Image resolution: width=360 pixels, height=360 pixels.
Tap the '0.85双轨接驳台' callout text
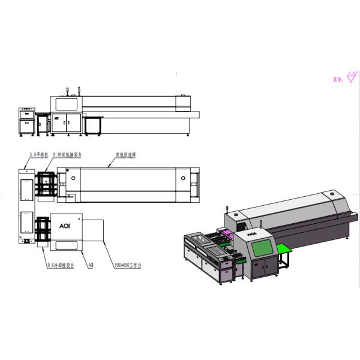[67, 154]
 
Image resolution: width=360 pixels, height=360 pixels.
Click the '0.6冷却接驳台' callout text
[60, 263]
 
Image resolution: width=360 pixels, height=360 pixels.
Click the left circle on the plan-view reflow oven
[73, 178]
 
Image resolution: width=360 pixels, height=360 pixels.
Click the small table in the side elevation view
[94, 124]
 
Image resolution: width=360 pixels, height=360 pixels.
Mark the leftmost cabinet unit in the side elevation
[27, 120]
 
